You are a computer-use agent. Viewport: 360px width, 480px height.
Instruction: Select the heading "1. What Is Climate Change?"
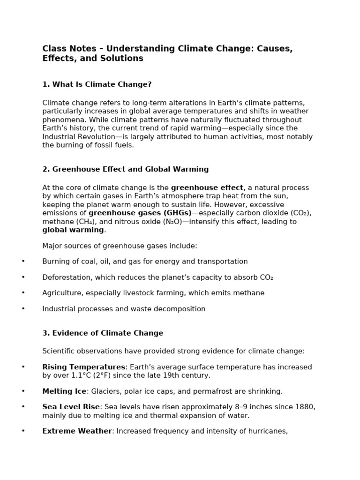[x=97, y=84]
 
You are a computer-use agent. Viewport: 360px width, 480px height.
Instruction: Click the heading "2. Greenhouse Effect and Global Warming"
[x=126, y=169]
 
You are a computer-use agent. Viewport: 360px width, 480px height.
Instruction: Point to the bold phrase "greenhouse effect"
[x=207, y=188]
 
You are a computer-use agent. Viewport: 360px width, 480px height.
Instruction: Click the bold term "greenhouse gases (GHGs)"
[x=140, y=213]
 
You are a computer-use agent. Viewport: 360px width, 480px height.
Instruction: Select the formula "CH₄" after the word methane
[x=85, y=222]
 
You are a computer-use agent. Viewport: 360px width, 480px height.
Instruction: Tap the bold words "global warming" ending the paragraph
[x=73, y=230]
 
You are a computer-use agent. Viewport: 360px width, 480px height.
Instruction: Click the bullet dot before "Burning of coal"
[x=23, y=262]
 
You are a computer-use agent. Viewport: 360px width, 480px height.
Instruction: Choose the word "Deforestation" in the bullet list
[x=66, y=277]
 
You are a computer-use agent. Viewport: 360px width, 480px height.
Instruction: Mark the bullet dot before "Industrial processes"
[x=23, y=309]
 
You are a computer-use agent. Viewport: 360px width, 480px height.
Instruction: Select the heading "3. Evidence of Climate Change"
[x=103, y=333]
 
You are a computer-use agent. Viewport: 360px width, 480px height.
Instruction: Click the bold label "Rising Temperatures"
[x=84, y=367]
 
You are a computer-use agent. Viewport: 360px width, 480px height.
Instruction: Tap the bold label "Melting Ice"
[x=64, y=391]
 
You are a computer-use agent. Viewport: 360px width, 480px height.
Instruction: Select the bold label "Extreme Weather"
[x=77, y=431]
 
